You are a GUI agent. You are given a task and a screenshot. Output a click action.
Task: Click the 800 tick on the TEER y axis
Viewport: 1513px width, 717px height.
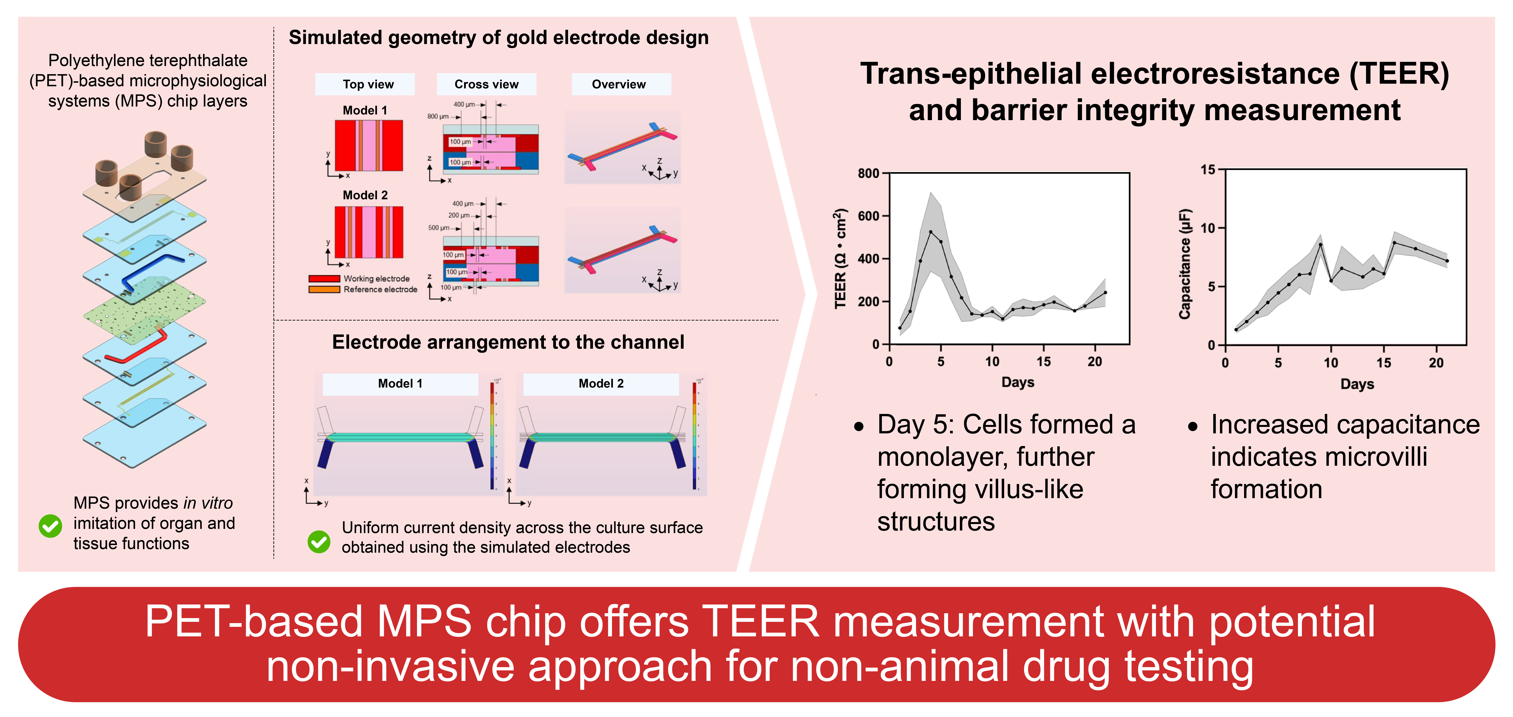(868, 173)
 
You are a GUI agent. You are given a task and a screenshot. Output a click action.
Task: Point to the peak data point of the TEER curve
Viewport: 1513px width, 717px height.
(930, 231)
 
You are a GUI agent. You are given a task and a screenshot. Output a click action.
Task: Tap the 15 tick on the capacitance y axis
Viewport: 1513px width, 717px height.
(1208, 170)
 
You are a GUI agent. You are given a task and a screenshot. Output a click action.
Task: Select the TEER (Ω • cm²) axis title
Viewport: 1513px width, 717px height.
(841, 259)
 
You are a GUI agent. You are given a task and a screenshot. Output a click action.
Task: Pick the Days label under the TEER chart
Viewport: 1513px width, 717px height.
(1017, 383)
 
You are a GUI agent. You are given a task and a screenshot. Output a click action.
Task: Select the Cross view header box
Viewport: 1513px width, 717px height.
(486, 84)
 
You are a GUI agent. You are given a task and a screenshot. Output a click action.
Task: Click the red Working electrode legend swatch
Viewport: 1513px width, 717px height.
(324, 279)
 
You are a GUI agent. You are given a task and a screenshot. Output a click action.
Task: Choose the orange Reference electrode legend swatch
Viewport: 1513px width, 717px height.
(324, 289)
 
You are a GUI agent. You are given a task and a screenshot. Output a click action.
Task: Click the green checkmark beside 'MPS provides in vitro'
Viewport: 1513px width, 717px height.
(50, 526)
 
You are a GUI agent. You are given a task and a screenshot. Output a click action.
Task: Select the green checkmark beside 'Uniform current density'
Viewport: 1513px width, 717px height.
(319, 541)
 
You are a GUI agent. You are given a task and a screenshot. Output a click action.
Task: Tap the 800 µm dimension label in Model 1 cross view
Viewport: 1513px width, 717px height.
(438, 116)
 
